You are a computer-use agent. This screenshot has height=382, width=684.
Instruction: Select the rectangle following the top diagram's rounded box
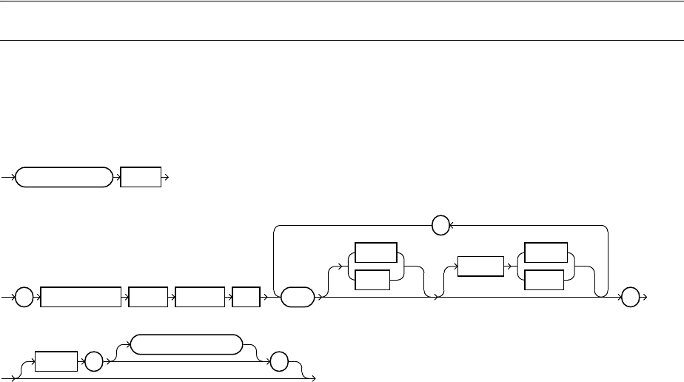[141, 178]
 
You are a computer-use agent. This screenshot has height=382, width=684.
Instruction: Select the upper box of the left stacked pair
[375, 253]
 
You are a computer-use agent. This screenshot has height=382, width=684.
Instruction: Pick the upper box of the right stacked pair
[546, 253]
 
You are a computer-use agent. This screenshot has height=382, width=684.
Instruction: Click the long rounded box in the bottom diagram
[186, 345]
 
